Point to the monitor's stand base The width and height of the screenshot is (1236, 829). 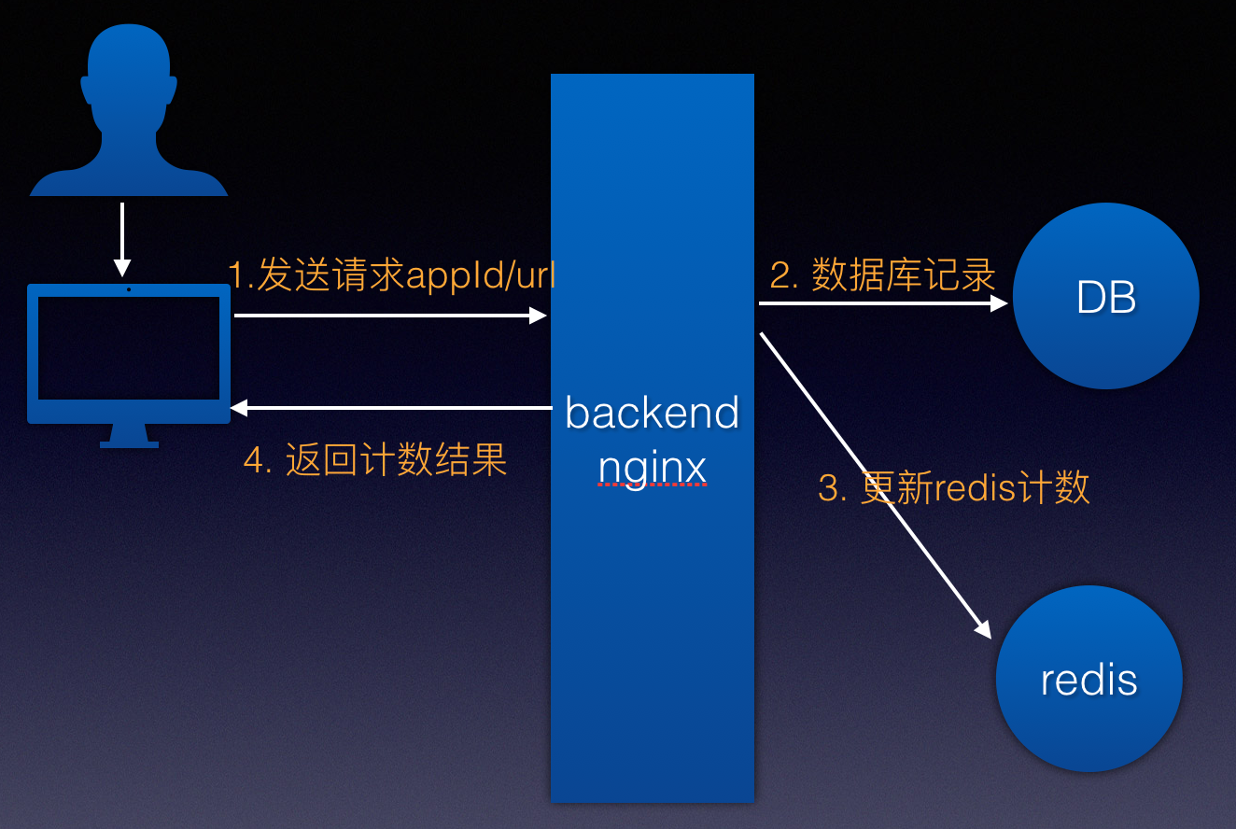click(129, 443)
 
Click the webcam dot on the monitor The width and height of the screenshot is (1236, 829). click(129, 289)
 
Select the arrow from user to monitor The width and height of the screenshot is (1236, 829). click(122, 238)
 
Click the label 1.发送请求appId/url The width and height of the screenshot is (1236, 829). click(392, 275)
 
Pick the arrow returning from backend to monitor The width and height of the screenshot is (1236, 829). click(392, 407)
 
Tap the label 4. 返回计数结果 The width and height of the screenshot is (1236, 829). click(375, 460)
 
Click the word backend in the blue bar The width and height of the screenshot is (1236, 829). click(652, 414)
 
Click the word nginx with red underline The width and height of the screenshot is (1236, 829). click(652, 467)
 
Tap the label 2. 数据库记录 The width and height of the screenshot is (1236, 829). click(882, 275)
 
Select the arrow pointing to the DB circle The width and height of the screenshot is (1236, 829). click(882, 302)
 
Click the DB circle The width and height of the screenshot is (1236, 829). click(1105, 296)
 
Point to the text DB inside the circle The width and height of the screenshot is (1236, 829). click(1105, 298)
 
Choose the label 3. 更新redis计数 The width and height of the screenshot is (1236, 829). click(953, 487)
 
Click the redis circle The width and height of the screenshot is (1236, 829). click(1089, 679)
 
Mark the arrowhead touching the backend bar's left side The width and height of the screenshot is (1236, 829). click(539, 316)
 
